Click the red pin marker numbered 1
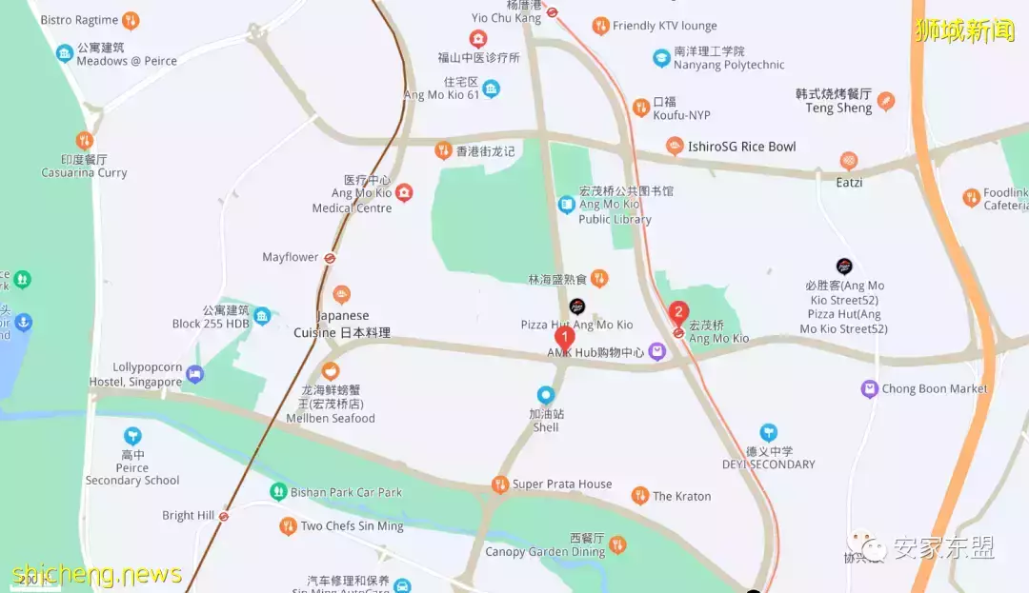[x=564, y=337]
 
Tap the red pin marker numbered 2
[x=678, y=311]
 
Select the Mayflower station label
[x=291, y=257]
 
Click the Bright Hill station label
[x=189, y=516]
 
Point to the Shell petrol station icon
[x=546, y=394]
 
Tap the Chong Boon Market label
[x=935, y=388]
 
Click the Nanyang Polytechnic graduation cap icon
[x=661, y=58]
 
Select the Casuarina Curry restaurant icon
[x=85, y=141]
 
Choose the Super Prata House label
[x=562, y=484]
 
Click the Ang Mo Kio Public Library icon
[x=567, y=205]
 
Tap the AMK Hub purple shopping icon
[x=657, y=352]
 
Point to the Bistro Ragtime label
[x=79, y=20]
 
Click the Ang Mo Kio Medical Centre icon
[x=404, y=193]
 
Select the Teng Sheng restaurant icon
[x=886, y=101]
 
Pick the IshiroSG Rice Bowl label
[x=742, y=147]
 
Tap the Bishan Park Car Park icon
[x=278, y=492]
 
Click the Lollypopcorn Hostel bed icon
[x=195, y=374]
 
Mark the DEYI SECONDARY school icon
[x=768, y=433]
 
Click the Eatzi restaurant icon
[x=849, y=161]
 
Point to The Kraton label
[x=681, y=496]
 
